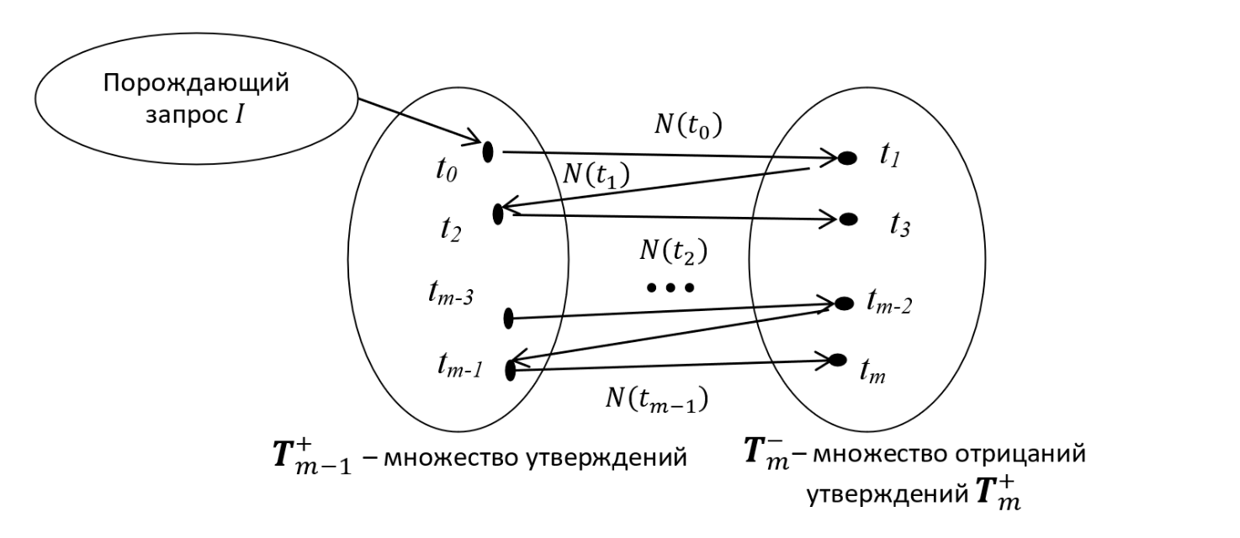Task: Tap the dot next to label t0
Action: tap(487, 152)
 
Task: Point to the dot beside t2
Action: tap(498, 214)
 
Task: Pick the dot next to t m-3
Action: tap(508, 318)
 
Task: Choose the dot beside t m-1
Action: tap(510, 368)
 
